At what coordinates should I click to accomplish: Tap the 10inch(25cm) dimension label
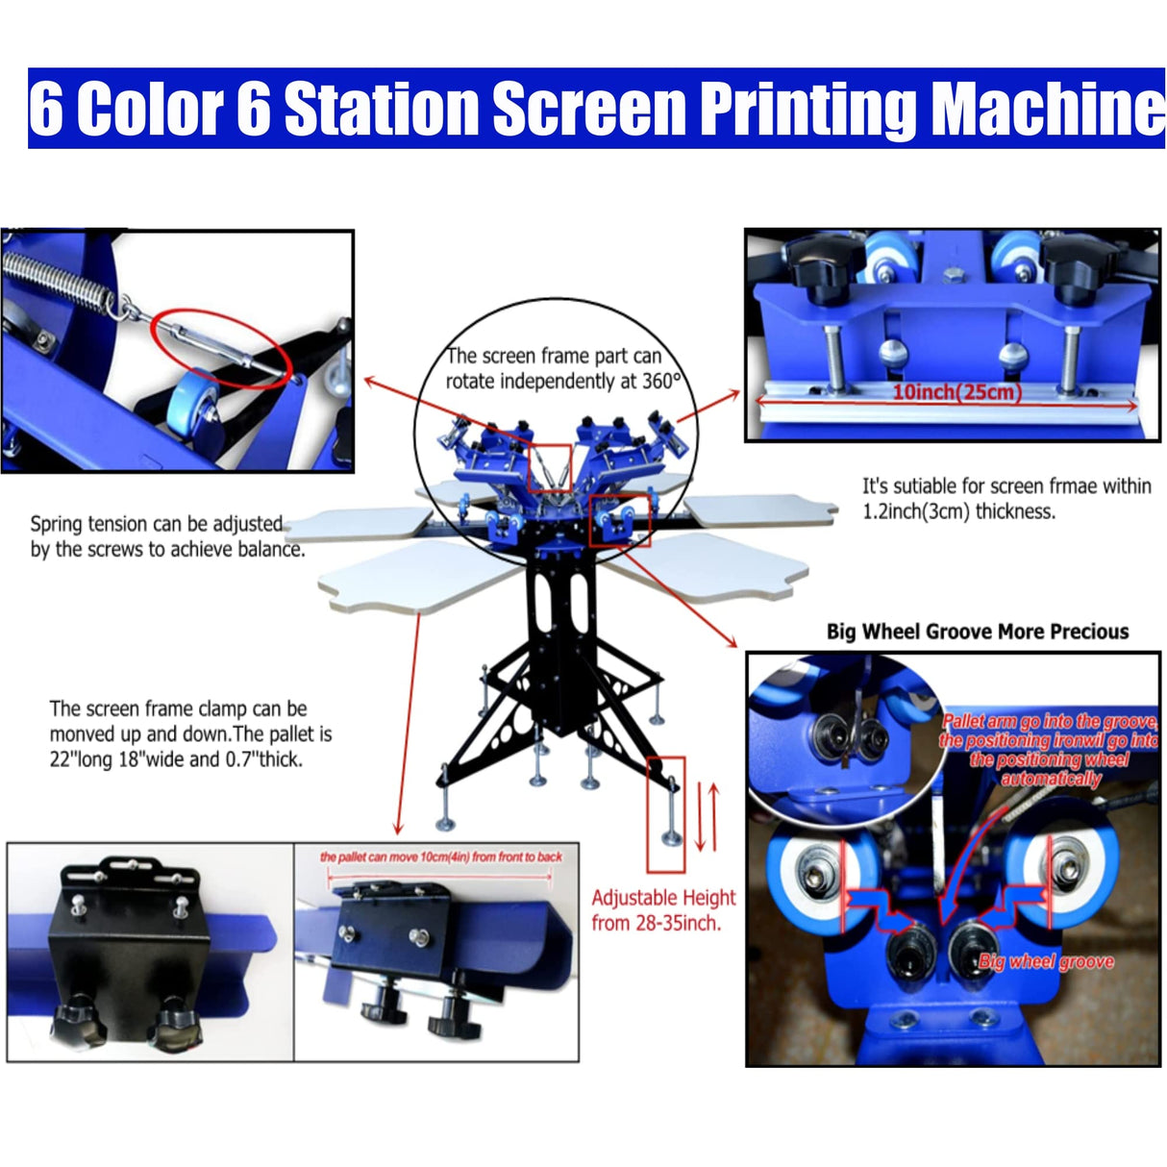956,391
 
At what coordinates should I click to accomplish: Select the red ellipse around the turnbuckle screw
220,347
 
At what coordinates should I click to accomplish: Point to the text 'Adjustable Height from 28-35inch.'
662,909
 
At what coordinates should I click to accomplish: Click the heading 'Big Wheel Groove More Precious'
977,632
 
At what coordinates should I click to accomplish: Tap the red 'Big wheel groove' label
1045,961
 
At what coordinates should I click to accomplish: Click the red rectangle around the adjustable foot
666,813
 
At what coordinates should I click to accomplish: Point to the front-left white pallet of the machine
413,577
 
